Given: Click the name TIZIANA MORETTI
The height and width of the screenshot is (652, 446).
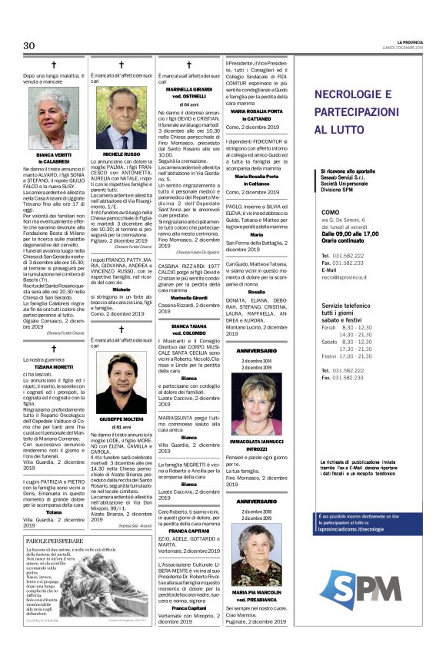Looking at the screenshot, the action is [54, 367].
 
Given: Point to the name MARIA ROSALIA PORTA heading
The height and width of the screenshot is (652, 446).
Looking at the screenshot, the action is [257, 110].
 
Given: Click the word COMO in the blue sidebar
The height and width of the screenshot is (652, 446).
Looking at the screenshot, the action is [330, 211].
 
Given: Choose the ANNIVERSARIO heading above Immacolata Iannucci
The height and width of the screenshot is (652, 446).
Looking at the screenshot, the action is [257, 351].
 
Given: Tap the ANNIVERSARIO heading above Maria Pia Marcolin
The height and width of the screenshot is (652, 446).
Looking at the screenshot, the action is [257, 501].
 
